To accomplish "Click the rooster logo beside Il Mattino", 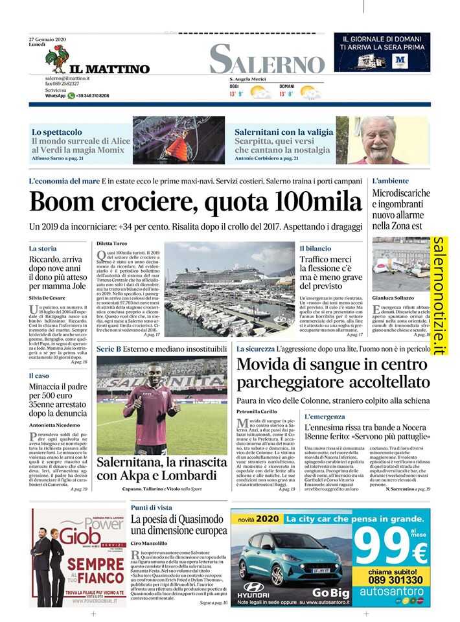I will [x=56, y=59].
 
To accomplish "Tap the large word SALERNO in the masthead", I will [x=267, y=59].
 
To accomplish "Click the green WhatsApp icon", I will [x=71, y=95].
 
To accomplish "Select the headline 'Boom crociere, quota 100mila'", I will [x=195, y=202].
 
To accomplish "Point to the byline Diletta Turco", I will [x=112, y=242].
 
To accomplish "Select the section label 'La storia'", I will [x=43, y=248].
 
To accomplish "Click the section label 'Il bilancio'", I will [x=316, y=248].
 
